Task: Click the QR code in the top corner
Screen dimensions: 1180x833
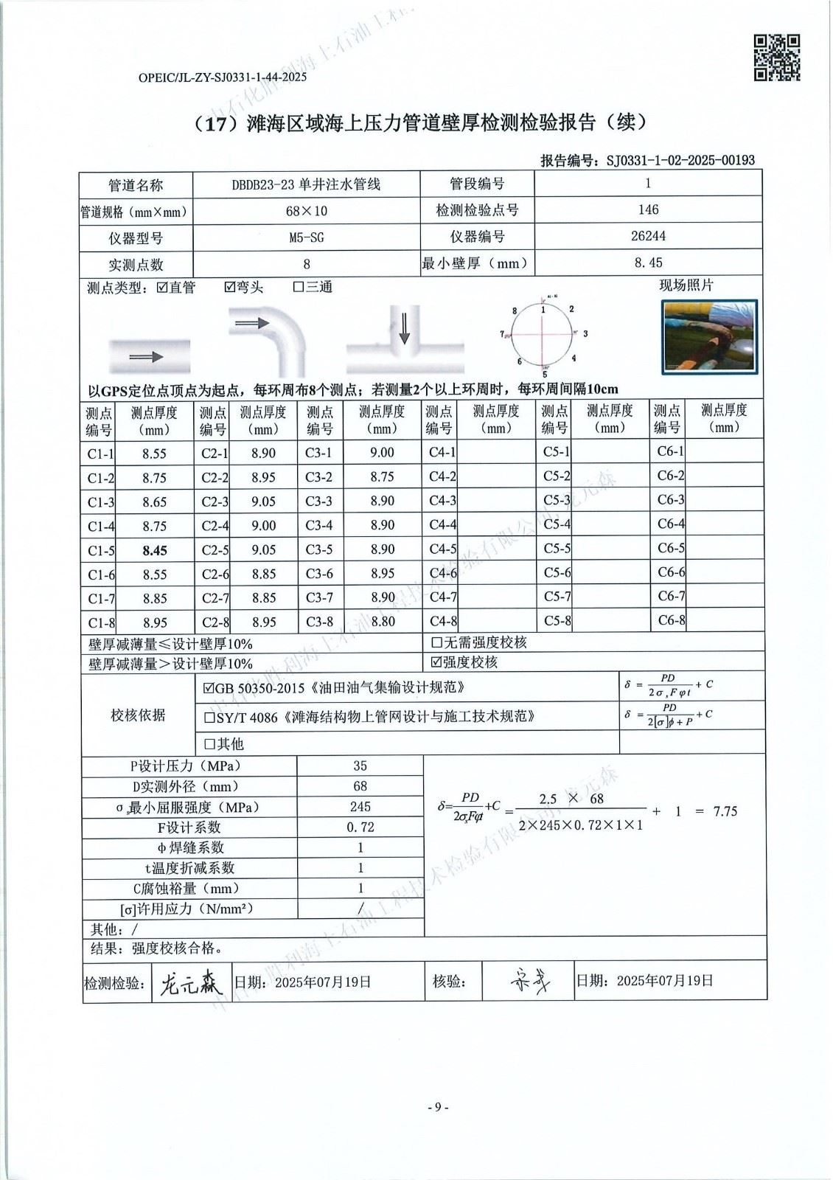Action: point(777,57)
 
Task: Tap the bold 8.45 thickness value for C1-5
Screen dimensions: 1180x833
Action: point(155,550)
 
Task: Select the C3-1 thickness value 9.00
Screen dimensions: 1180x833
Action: point(382,453)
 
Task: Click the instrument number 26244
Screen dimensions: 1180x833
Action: point(648,236)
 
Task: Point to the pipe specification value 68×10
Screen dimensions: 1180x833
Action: point(307,211)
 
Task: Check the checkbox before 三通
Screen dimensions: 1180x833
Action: point(299,287)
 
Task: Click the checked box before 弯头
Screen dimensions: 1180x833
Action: point(230,287)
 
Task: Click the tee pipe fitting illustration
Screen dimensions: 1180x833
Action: point(404,340)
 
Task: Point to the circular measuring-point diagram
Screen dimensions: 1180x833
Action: point(543,334)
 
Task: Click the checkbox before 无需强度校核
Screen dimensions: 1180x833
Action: point(436,642)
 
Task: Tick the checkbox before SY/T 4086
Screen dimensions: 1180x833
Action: point(210,717)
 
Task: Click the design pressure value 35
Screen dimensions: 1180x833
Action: point(360,766)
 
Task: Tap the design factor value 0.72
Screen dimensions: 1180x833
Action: point(360,827)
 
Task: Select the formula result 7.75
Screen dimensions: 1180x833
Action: point(725,811)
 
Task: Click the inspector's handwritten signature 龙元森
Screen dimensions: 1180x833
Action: point(190,983)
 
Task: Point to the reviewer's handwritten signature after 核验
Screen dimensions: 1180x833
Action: point(529,982)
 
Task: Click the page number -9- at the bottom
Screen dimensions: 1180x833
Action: point(438,1107)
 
